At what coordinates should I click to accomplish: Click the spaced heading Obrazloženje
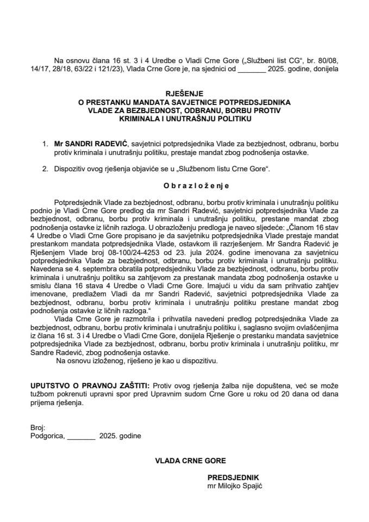coord(184,185)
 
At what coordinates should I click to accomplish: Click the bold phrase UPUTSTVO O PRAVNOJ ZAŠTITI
coord(87,385)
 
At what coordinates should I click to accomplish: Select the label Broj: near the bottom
coord(39,428)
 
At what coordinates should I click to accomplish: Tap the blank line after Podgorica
coord(81,437)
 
